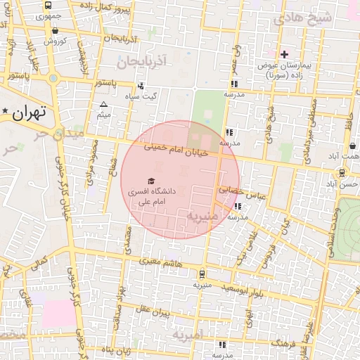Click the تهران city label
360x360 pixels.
(30, 112)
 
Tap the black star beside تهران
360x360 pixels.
(6, 112)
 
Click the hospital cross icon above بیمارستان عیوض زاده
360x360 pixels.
(284, 53)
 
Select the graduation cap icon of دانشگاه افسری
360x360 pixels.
(150, 181)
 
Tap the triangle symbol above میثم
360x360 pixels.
(104, 104)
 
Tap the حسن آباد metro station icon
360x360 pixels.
(342, 173)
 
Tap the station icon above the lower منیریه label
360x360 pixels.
(202, 274)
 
